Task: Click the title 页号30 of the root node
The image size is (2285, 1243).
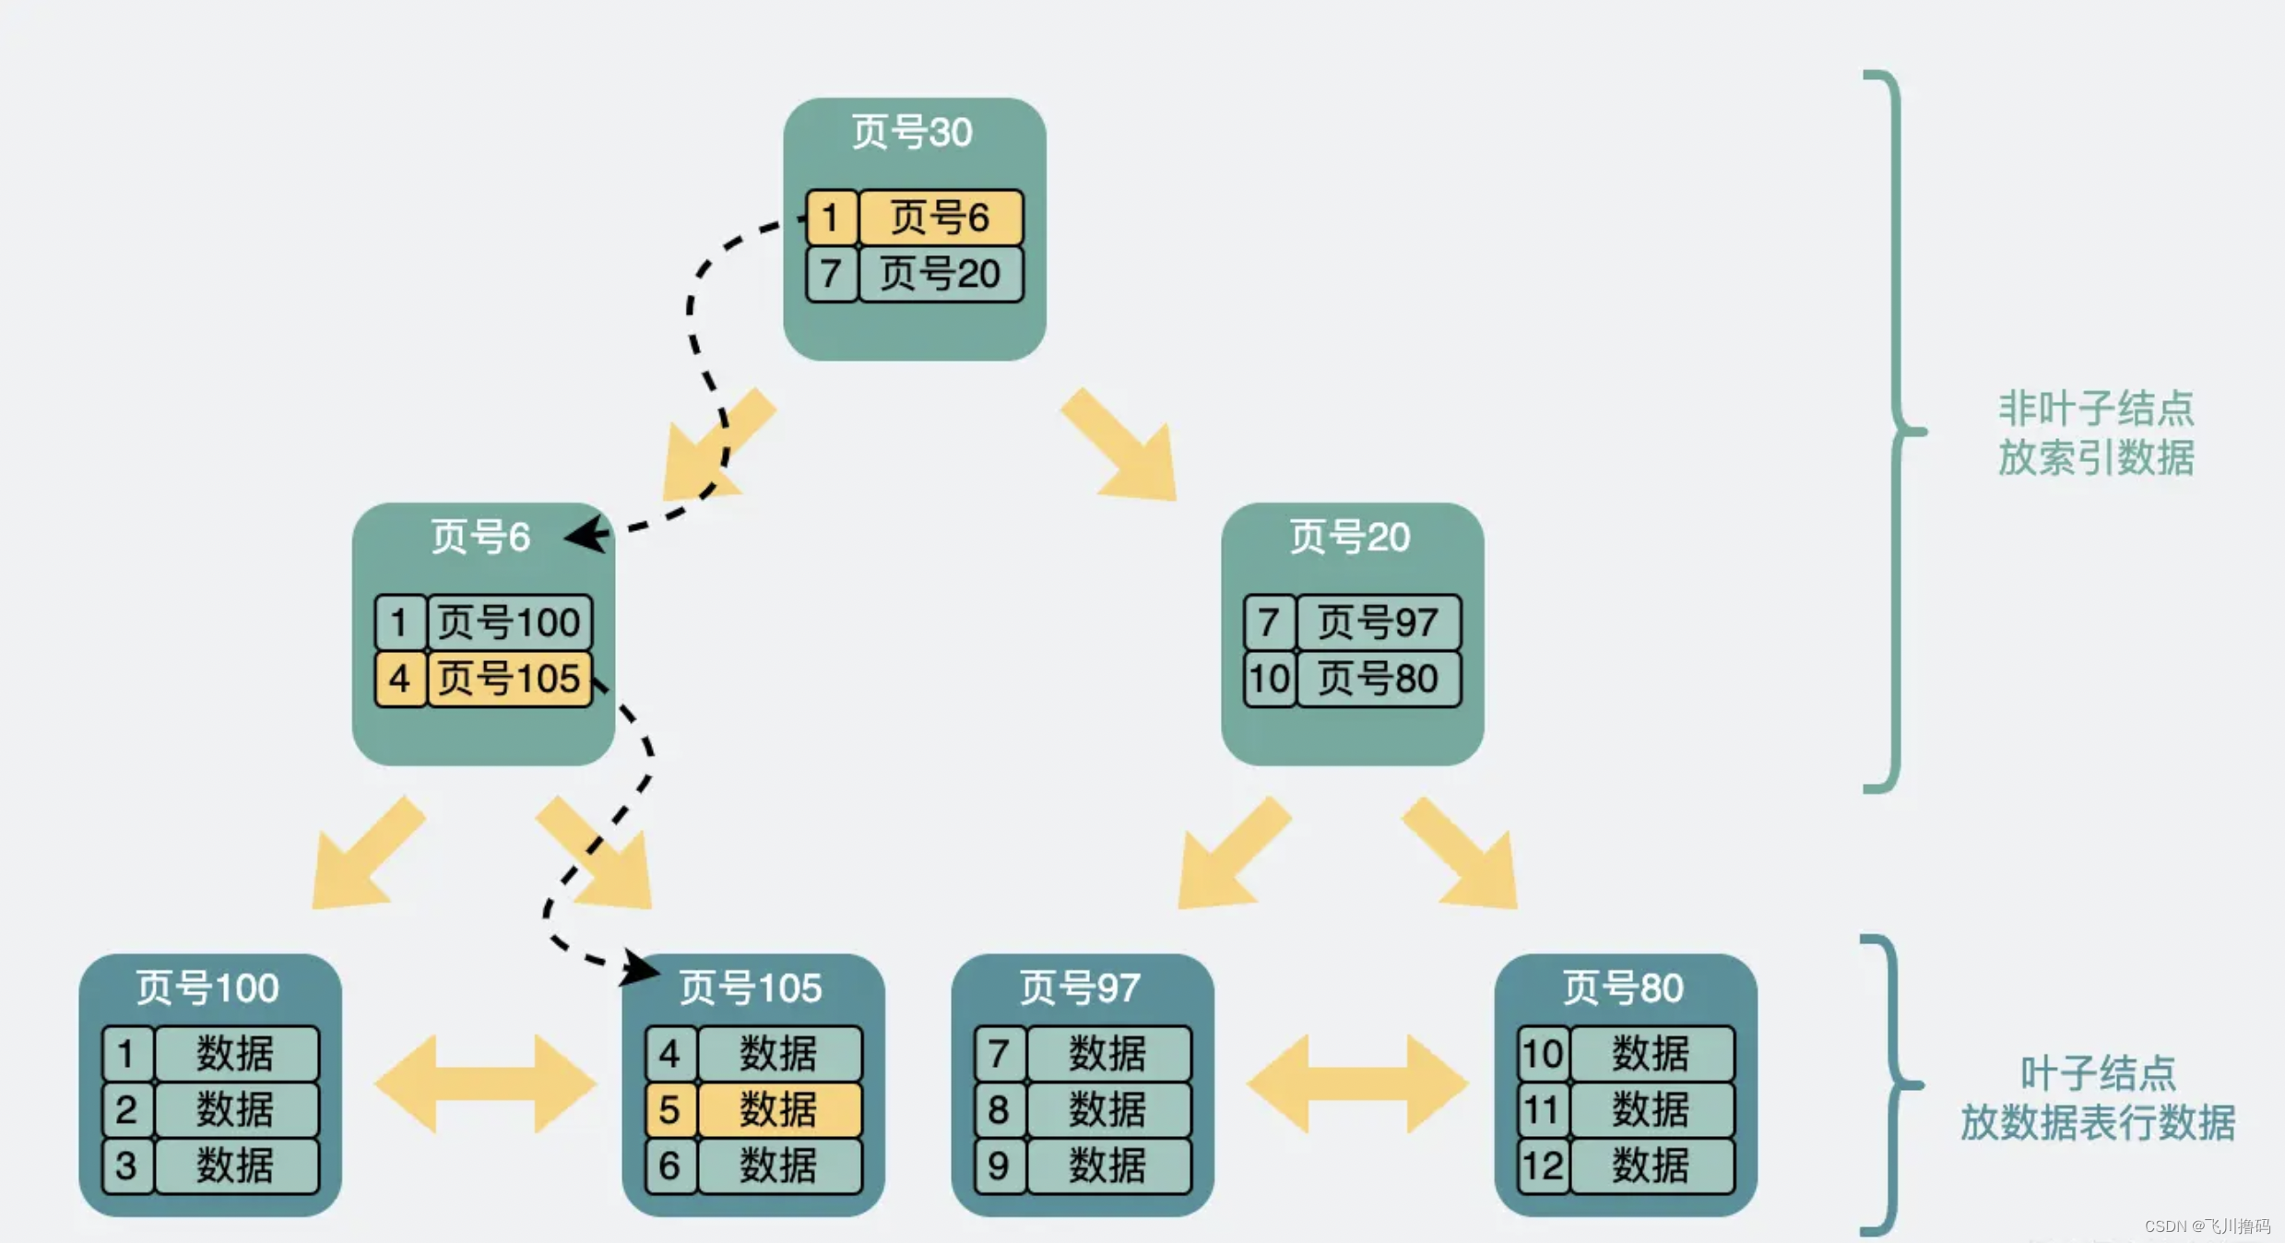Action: tap(911, 133)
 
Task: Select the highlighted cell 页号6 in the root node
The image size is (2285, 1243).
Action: tap(941, 218)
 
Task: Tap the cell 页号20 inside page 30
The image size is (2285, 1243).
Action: tap(941, 274)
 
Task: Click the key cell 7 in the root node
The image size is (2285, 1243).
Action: tap(831, 274)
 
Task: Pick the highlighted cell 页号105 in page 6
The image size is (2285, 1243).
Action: tap(509, 679)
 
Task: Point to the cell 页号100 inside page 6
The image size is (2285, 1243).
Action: tap(509, 622)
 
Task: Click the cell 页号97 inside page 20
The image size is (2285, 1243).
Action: tap(1378, 622)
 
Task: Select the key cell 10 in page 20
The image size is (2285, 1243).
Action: tap(1269, 679)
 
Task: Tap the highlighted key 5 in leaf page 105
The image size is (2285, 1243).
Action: tap(670, 1109)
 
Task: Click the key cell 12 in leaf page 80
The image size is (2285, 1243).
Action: tap(1543, 1166)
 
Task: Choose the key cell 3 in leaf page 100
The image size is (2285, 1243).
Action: tap(126, 1166)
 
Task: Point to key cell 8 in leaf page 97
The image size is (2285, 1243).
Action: tap(999, 1109)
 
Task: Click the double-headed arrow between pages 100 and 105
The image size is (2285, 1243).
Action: tap(485, 1083)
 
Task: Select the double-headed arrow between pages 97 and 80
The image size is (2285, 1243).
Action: tap(1356, 1083)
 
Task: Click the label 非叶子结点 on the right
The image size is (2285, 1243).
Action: tap(2095, 408)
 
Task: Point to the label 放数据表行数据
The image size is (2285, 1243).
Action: tap(2097, 1123)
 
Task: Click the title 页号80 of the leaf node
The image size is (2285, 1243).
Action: tap(1623, 988)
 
